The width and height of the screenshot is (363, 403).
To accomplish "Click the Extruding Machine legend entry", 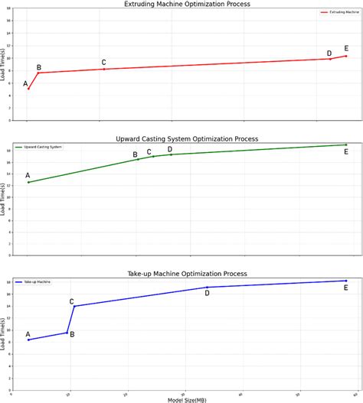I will pos(338,12).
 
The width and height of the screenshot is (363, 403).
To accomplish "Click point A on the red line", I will pos(28,89).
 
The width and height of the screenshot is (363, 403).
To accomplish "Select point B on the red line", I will pos(39,73).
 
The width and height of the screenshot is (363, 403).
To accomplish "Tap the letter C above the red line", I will pos(103,62).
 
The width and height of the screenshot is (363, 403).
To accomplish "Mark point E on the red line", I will pos(346,56).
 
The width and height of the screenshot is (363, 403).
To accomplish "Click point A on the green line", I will pos(28,182).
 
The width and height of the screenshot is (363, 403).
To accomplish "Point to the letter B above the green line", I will pos(136,154).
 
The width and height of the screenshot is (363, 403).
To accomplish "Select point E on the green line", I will pos(346,145).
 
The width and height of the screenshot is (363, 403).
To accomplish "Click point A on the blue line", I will pos(28,340).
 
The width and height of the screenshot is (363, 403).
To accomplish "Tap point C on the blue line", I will pos(74,306).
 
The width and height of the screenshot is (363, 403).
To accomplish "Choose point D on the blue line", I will pos(207,288).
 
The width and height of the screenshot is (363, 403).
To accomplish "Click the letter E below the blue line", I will pos(346,288).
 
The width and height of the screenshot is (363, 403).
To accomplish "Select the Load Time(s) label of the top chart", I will pos(5,65).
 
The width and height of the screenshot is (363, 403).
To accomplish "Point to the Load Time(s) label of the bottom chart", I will pos(5,333).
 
